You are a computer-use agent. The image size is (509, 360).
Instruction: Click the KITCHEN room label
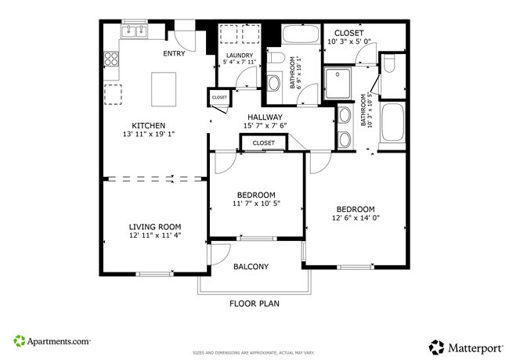[147, 125]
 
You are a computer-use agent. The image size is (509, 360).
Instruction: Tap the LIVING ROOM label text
[154, 227]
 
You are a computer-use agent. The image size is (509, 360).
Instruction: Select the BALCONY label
[251, 267]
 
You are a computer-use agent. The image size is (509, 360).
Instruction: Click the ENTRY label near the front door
[174, 54]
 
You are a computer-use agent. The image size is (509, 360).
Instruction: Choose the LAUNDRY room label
[239, 55]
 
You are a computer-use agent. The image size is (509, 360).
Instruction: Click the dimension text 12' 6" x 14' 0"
[356, 219]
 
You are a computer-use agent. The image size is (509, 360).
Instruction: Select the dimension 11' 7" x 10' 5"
[256, 203]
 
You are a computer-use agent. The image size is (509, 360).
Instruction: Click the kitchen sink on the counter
[135, 32]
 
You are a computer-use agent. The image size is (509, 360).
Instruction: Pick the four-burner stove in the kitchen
[110, 59]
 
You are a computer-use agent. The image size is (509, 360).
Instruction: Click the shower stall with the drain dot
[339, 82]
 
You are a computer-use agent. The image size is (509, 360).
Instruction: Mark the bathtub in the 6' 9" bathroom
[300, 36]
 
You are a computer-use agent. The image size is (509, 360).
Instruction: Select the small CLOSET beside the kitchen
[219, 97]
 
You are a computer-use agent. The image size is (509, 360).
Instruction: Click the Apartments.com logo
[52, 341]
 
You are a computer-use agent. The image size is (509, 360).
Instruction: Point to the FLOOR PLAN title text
[254, 303]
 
